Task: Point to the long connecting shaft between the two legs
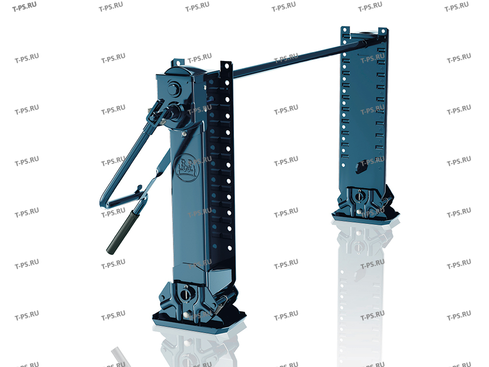click(296, 59)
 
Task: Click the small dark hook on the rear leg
click(361, 166)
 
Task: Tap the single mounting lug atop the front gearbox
click(177, 62)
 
